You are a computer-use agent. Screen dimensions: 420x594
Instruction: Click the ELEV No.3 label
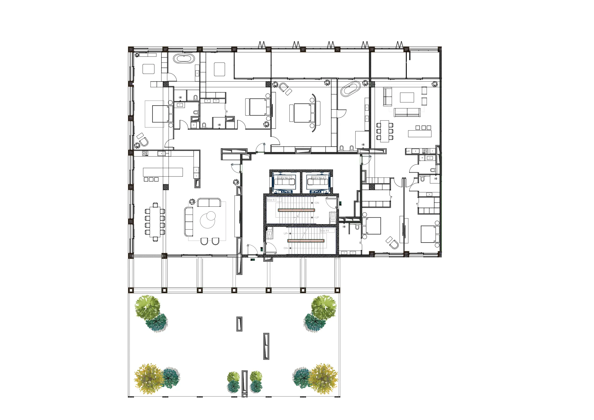(x=284, y=178)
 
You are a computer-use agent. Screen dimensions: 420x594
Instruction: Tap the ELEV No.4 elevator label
(x=318, y=178)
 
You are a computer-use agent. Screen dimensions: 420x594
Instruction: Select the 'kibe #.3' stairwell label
(x=272, y=200)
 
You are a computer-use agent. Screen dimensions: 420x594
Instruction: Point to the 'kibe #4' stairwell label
(x=325, y=231)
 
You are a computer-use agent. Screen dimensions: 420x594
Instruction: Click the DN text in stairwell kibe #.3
(x=317, y=203)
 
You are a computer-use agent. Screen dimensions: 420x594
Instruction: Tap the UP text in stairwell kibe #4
(x=285, y=233)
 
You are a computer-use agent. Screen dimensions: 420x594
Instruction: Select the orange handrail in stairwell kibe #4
(x=305, y=241)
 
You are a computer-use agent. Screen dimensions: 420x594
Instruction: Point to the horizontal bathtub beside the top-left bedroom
(x=184, y=58)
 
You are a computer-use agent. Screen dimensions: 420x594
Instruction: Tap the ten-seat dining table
(x=155, y=222)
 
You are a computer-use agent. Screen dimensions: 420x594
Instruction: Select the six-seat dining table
(x=385, y=131)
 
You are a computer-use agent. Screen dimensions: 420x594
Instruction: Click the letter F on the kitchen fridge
(x=432, y=151)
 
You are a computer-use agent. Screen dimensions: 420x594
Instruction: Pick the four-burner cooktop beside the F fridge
(x=425, y=151)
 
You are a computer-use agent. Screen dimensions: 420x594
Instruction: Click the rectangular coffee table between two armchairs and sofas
(x=407, y=97)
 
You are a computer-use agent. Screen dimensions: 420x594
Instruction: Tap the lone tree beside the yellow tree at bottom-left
(x=170, y=378)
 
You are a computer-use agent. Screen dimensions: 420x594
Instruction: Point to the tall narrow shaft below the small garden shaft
(x=266, y=346)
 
